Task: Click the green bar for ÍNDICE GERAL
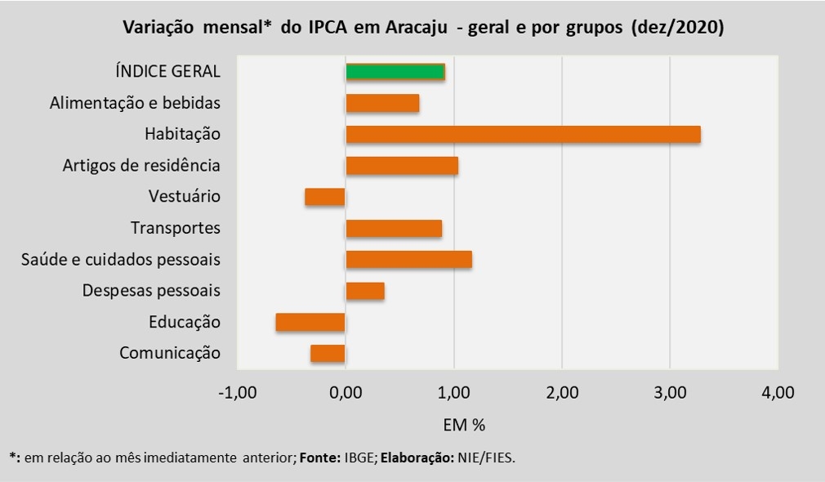point(395,71)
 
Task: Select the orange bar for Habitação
point(523,134)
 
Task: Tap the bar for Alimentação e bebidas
point(382,103)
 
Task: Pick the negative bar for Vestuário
point(325,197)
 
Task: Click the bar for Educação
point(310,322)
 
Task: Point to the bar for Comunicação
point(328,353)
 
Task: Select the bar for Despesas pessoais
point(365,291)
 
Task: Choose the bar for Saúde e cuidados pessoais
point(408,260)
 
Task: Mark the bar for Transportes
point(394,228)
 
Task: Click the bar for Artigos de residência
point(402,166)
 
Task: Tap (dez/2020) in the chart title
point(677,28)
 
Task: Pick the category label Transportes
point(176,228)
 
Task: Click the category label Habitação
point(182,134)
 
